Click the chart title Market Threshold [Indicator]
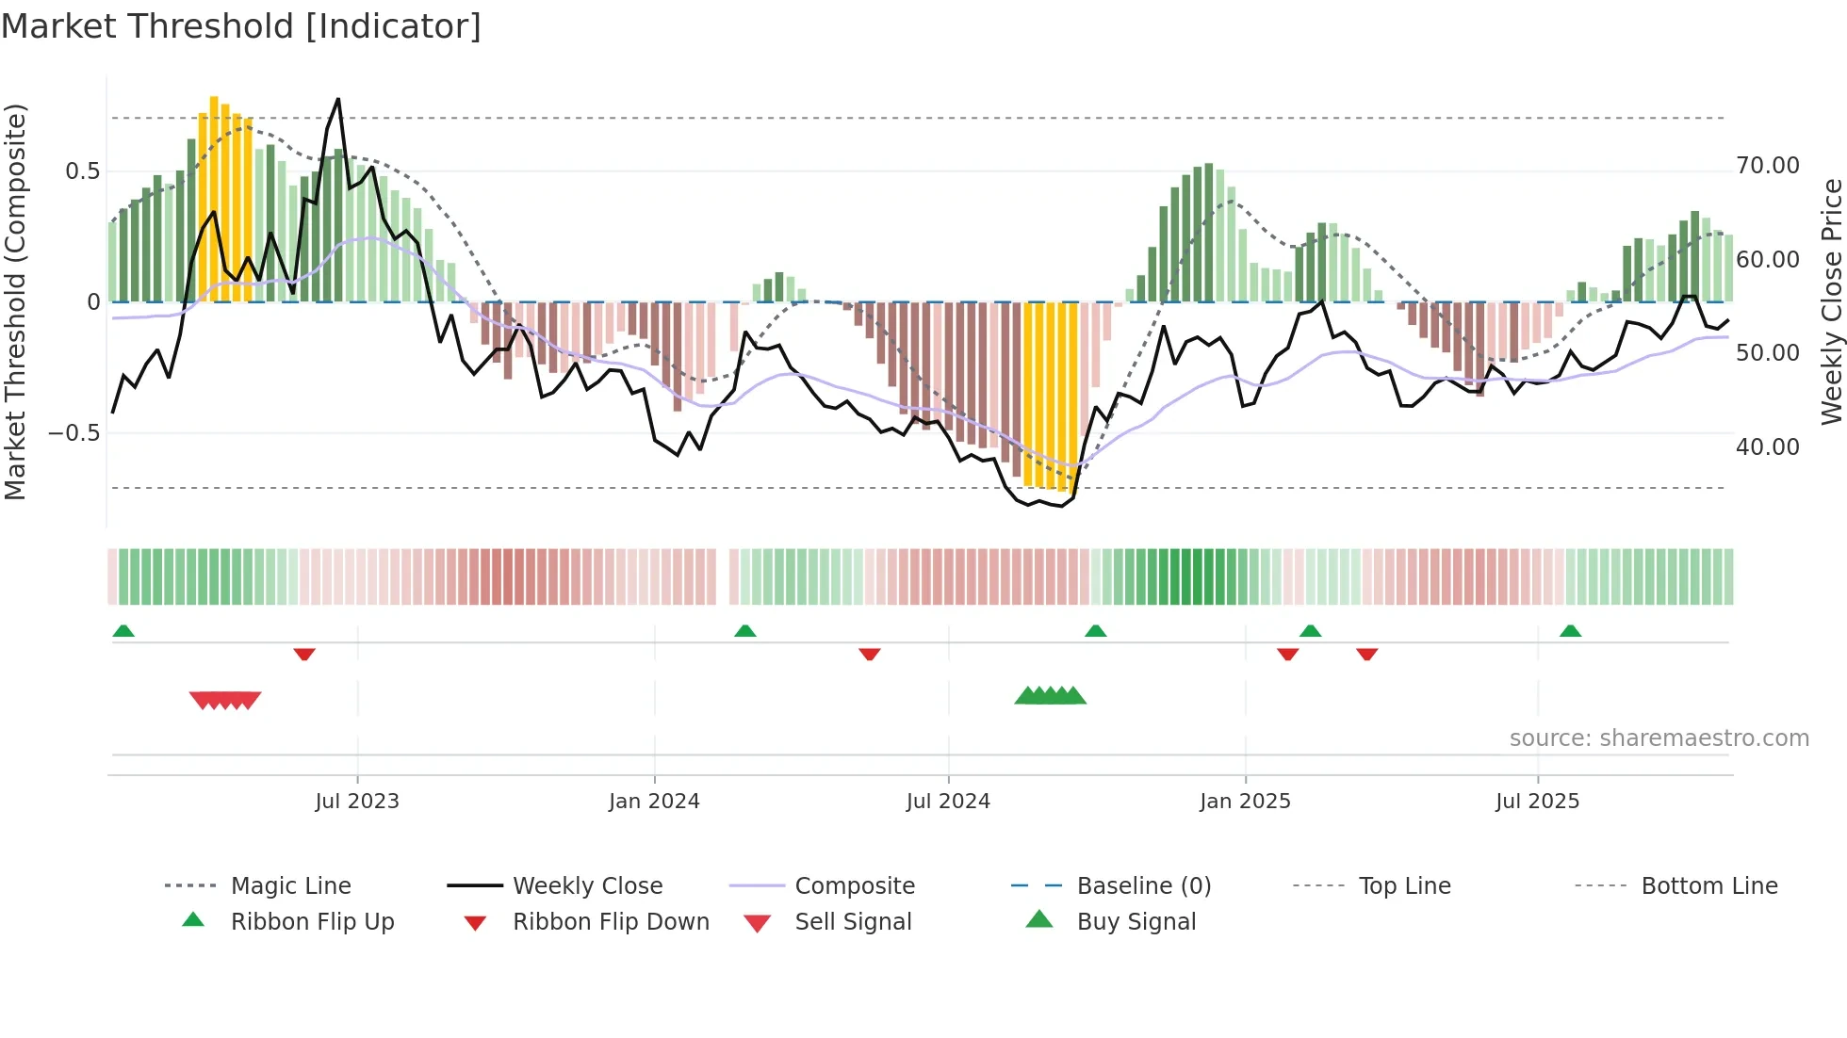tap(241, 26)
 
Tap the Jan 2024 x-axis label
tap(654, 802)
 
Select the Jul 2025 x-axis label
tap(1537, 802)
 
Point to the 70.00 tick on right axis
tap(1767, 166)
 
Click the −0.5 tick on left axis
tap(74, 433)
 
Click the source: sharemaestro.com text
tap(1659, 738)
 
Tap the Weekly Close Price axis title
tap(1831, 301)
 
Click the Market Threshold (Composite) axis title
tap(15, 301)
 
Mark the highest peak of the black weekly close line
tap(338, 99)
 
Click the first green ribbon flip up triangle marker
tap(123, 631)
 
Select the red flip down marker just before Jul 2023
tap(304, 654)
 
